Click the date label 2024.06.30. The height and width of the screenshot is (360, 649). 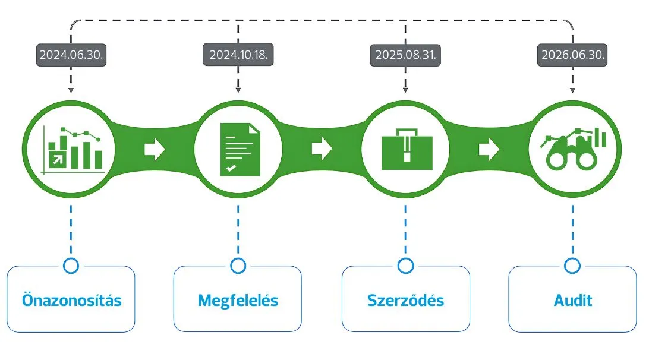71,55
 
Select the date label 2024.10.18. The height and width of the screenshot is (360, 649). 238,55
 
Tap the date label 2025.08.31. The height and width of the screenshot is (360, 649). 406,55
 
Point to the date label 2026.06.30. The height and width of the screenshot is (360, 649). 574,55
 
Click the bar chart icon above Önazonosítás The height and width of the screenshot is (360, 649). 71,149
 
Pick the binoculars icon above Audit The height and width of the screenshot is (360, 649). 572,150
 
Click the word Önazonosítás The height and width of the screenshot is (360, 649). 71,300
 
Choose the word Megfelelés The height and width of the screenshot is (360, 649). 238,300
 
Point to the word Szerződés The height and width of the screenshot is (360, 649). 405,300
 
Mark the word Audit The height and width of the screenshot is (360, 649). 573,300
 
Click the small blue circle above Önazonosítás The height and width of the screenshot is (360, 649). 71,266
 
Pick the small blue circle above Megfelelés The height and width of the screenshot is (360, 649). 238,266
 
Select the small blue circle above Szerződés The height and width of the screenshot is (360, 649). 406,266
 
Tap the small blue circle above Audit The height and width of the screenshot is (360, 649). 573,266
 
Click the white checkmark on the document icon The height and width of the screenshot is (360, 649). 231,169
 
